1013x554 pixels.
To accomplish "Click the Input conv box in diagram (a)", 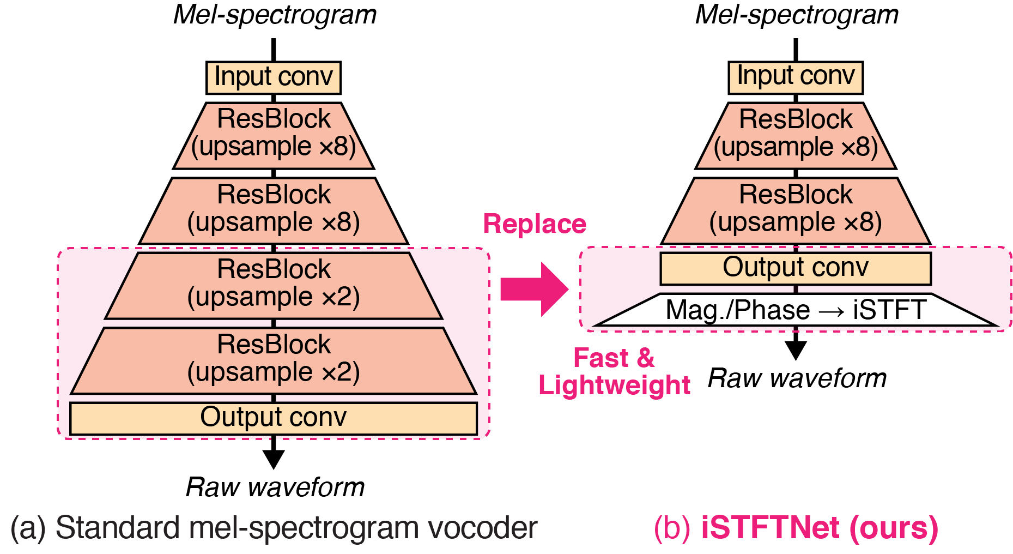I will point(274,77).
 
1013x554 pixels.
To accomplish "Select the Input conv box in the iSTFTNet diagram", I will point(796,77).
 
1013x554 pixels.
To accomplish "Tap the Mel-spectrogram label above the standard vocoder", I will point(275,15).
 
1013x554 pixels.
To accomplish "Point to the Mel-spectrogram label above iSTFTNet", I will point(797,15).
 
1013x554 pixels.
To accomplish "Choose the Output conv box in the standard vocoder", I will point(274,418).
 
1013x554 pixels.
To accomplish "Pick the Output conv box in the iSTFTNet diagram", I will point(796,268).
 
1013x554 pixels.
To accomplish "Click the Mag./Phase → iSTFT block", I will point(796,310).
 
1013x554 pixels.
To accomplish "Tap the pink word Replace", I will point(535,224).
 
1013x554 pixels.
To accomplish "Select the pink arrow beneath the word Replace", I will point(534,289).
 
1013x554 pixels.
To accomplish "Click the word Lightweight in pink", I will point(614,386).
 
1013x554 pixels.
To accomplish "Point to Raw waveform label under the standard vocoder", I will point(275,487).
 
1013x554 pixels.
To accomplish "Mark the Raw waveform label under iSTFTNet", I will point(797,378).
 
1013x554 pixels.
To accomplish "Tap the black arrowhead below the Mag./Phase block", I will point(796,349).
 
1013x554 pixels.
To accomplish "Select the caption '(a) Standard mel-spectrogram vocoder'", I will point(274,528).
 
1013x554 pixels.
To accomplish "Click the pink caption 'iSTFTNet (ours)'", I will point(819,528).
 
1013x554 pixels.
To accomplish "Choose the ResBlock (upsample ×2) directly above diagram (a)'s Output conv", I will point(274,360).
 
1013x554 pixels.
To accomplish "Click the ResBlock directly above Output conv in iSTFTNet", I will point(796,210).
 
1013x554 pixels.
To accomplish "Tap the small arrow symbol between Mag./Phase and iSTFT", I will point(832,311).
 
